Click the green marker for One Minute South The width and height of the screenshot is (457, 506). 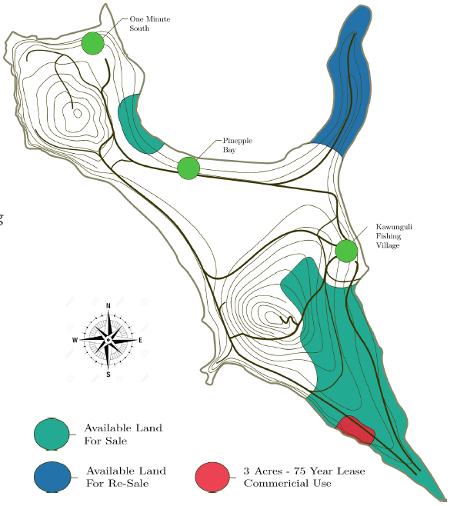[93, 43]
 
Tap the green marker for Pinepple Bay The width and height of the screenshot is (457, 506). [188, 168]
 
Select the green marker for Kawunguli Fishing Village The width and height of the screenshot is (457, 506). [346, 251]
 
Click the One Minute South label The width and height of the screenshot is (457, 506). [150, 24]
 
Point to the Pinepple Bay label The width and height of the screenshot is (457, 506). [238, 145]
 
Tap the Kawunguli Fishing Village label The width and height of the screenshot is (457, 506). [394, 236]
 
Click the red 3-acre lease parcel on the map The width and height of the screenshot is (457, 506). [355, 430]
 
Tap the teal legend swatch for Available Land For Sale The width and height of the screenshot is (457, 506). [52, 434]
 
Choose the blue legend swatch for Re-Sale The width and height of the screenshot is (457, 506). [52, 477]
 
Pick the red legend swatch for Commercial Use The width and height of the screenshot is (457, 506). [212, 477]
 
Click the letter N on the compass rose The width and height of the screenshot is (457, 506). [108, 305]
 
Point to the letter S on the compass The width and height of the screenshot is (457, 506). [108, 375]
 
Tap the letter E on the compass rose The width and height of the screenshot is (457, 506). [140, 340]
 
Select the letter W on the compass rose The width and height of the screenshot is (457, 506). [75, 340]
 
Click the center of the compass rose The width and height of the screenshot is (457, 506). [108, 340]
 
